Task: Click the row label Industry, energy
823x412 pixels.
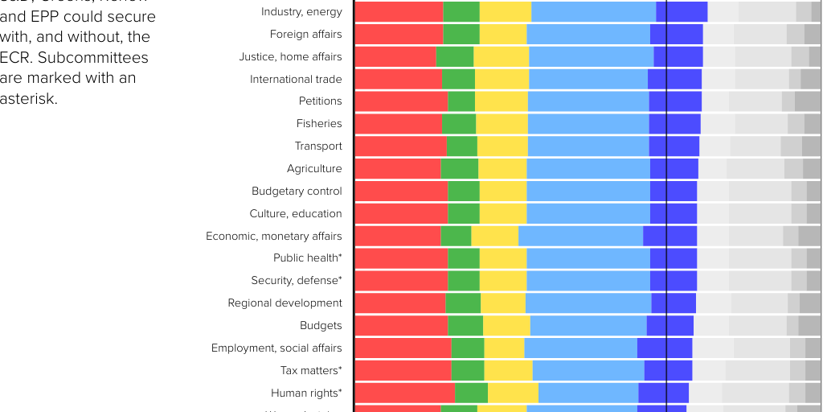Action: (301, 12)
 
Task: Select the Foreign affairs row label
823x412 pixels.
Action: (305, 35)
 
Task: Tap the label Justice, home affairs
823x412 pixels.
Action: (290, 57)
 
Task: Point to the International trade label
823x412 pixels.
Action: (296, 80)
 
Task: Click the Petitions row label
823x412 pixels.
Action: (320, 101)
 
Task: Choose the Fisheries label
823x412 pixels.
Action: (319, 124)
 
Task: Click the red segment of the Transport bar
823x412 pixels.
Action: (400, 146)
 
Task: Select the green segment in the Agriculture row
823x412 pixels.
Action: (459, 169)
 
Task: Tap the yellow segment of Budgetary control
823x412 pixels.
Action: (503, 192)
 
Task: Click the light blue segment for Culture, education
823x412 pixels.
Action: (588, 214)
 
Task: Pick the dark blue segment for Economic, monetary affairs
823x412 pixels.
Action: (669, 237)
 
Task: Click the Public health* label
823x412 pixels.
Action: (307, 258)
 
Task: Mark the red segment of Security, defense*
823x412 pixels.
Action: (401, 281)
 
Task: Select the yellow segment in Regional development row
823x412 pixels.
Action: (503, 303)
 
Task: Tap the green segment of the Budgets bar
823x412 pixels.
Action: (465, 326)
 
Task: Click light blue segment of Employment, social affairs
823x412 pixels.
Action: (580, 348)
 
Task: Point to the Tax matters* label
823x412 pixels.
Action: (311, 371)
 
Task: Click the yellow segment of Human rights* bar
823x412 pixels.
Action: (513, 393)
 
